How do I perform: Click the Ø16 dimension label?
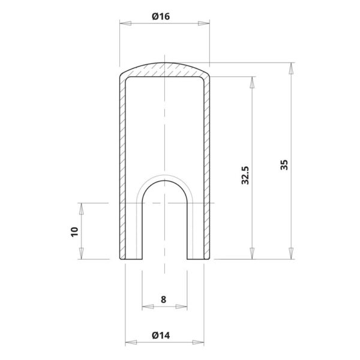pos(161,16)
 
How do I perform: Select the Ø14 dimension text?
pos(161,335)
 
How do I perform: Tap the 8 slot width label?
pos(163,299)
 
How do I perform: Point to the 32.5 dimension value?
pos(245,175)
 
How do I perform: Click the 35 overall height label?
pos(284,164)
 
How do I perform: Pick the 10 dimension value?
pos(74,232)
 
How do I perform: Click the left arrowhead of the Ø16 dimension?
pos(125,23)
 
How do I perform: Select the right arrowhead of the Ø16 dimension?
pos(204,23)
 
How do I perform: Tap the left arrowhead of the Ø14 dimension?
pos(131,343)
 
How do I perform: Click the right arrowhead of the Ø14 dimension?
pos(199,343)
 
